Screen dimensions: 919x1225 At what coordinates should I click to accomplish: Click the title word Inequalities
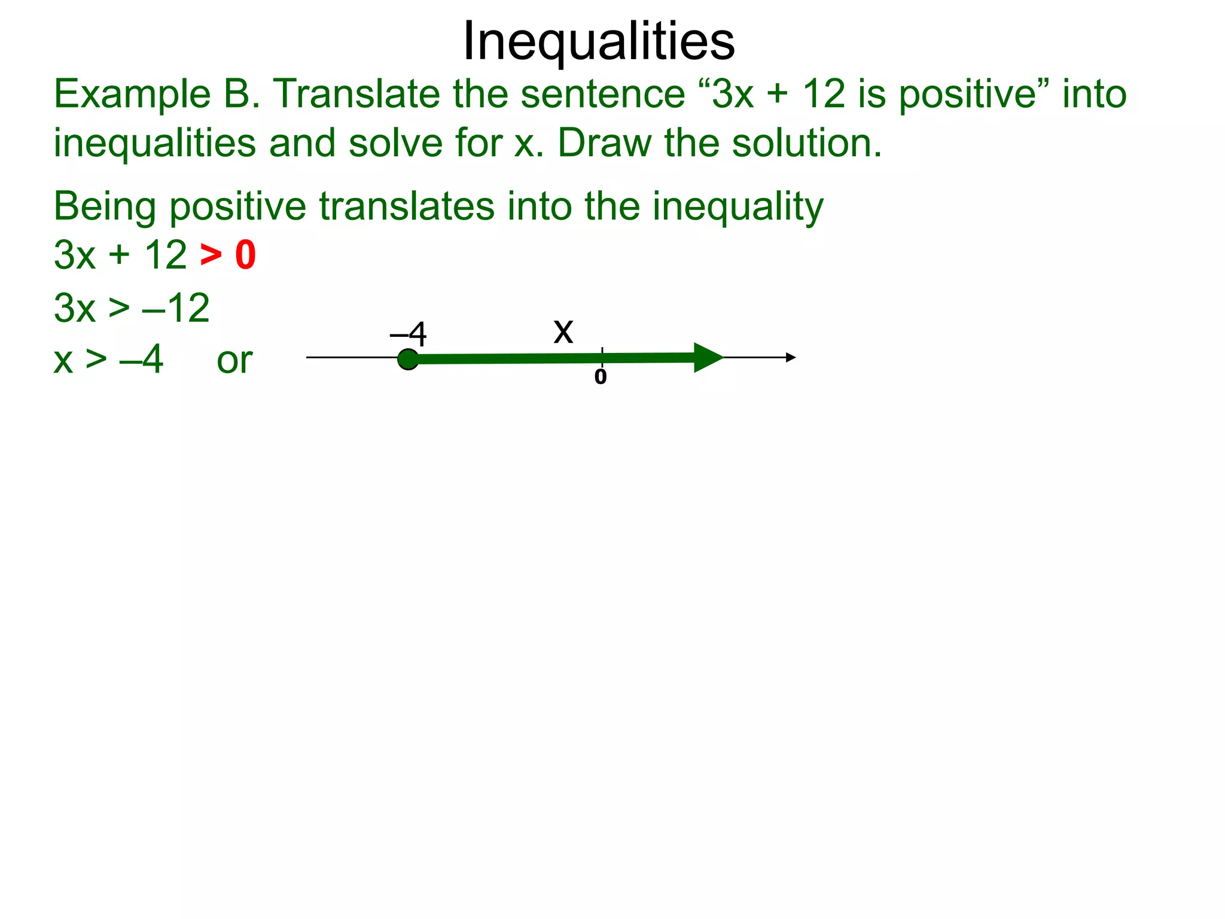(x=599, y=41)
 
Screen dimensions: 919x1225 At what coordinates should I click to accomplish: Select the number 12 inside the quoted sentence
(x=824, y=95)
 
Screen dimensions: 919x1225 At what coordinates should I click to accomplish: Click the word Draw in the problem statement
(x=604, y=144)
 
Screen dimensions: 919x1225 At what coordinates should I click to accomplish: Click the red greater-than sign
(x=211, y=255)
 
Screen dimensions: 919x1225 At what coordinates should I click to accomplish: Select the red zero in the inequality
(x=245, y=255)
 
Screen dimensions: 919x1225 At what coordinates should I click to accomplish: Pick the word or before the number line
(x=234, y=361)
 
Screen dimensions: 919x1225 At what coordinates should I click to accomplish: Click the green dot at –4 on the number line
(x=408, y=359)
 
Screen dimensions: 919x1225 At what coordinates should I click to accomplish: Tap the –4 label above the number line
(x=409, y=334)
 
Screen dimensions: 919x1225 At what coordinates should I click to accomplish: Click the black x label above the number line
(x=563, y=331)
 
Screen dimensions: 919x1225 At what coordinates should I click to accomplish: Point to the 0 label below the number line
(x=601, y=377)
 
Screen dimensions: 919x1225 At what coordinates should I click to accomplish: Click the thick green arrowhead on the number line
(x=708, y=357)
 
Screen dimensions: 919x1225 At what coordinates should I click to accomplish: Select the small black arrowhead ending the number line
(x=791, y=357)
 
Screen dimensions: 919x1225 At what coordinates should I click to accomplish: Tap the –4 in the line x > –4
(x=141, y=360)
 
